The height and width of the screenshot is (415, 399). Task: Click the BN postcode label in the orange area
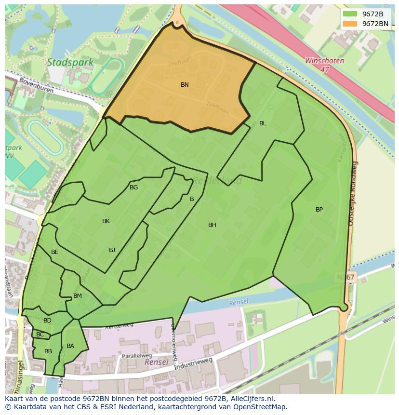click(x=185, y=85)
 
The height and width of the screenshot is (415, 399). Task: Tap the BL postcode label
click(x=263, y=123)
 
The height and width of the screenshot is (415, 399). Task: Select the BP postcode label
click(x=319, y=210)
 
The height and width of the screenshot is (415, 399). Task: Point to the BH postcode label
click(x=212, y=225)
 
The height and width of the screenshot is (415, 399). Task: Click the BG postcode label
click(x=133, y=187)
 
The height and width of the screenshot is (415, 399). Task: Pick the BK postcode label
click(x=106, y=221)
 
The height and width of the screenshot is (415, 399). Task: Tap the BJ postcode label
click(x=112, y=250)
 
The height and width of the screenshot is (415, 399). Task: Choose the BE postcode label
click(x=55, y=252)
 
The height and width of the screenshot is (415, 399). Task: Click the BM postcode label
click(x=78, y=296)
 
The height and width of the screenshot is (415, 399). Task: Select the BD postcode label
click(x=47, y=321)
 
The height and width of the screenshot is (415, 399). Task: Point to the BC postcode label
click(x=40, y=335)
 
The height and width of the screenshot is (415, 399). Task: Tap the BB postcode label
click(x=48, y=351)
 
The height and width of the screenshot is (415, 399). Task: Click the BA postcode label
click(x=70, y=346)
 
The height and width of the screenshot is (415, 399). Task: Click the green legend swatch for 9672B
click(x=351, y=14)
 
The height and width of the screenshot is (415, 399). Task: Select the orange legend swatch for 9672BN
click(x=351, y=24)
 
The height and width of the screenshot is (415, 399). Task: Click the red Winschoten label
click(x=324, y=61)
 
